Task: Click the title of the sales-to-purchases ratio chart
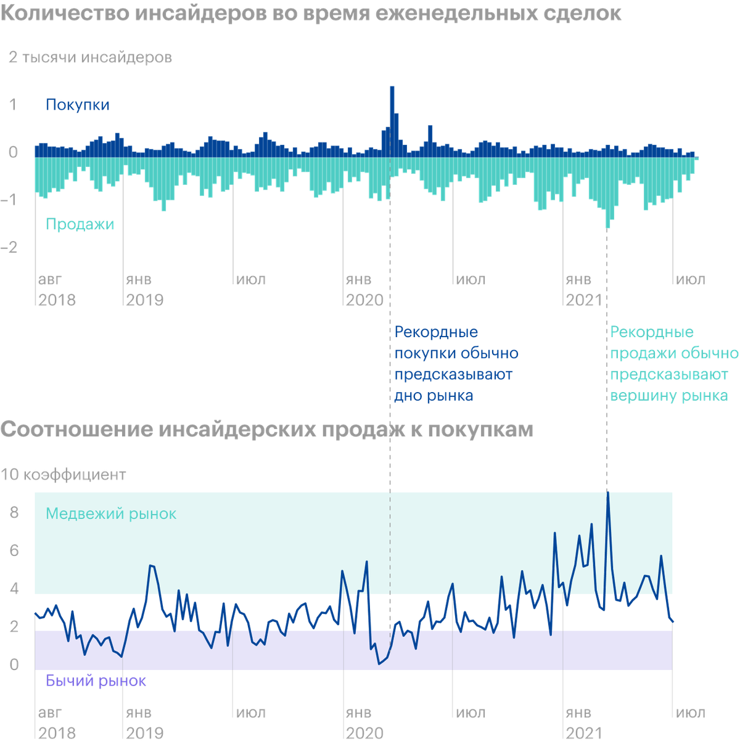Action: tap(266, 430)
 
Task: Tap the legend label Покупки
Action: tap(78, 105)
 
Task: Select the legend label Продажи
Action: tap(80, 224)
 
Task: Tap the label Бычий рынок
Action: tap(96, 681)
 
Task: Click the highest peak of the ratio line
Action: tap(608, 493)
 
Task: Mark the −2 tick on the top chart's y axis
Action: tap(13, 247)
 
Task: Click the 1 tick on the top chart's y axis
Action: tap(13, 104)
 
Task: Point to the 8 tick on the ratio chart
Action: tap(14, 513)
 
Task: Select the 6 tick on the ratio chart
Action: tap(14, 550)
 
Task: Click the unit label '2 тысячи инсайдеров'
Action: tap(90, 58)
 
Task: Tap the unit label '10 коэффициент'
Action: tap(64, 475)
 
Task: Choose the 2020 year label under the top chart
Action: tap(364, 300)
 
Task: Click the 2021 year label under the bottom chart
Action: tap(584, 733)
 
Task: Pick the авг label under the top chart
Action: tap(51, 280)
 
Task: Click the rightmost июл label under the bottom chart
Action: tap(691, 713)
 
